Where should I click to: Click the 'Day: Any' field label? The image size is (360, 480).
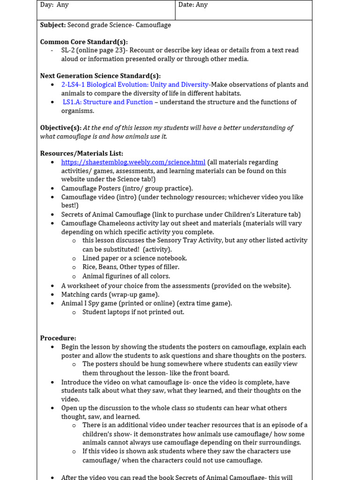pos(54,5)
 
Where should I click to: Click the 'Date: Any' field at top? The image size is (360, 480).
pos(193,5)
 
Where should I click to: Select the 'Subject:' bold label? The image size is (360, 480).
pos(53,25)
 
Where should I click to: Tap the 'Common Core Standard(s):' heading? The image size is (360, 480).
pos(84,42)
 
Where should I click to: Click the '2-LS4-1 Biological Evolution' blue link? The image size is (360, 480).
pos(135,85)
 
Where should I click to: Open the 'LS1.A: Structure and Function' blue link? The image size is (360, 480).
pos(108,102)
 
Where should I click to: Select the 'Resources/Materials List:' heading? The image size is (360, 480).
pos(82,153)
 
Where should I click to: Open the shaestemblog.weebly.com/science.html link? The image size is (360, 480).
pos(133,162)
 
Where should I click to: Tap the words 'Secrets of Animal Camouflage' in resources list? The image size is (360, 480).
pos(106,215)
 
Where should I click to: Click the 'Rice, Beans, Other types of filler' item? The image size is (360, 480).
pos(131,267)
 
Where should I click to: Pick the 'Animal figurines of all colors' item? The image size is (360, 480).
pos(126,277)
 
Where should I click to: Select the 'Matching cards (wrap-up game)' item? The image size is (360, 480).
pos(110,294)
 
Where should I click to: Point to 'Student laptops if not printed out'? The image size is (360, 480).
pos(133,312)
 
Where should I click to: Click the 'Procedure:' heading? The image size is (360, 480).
pos(58,338)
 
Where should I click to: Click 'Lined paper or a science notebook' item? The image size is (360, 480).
pos(135,258)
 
